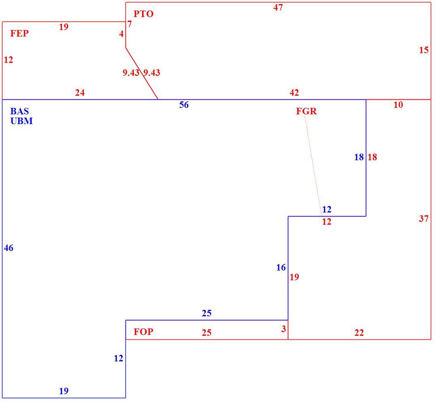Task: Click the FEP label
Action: (19, 33)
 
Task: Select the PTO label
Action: (143, 14)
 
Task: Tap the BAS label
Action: (19, 111)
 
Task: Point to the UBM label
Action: (21, 121)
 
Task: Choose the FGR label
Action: (306, 111)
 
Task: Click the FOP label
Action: (143, 332)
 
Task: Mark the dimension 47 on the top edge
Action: (278, 7)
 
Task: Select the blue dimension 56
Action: (184, 105)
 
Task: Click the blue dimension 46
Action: (9, 248)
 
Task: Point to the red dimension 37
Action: (424, 219)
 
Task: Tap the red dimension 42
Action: (294, 92)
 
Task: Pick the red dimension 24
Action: (80, 92)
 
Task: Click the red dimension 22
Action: (359, 333)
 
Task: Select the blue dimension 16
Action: (281, 267)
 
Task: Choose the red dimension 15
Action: (424, 50)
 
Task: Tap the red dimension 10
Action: (398, 105)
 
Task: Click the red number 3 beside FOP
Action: (283, 329)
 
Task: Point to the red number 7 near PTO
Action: (130, 24)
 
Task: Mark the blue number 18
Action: (359, 157)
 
